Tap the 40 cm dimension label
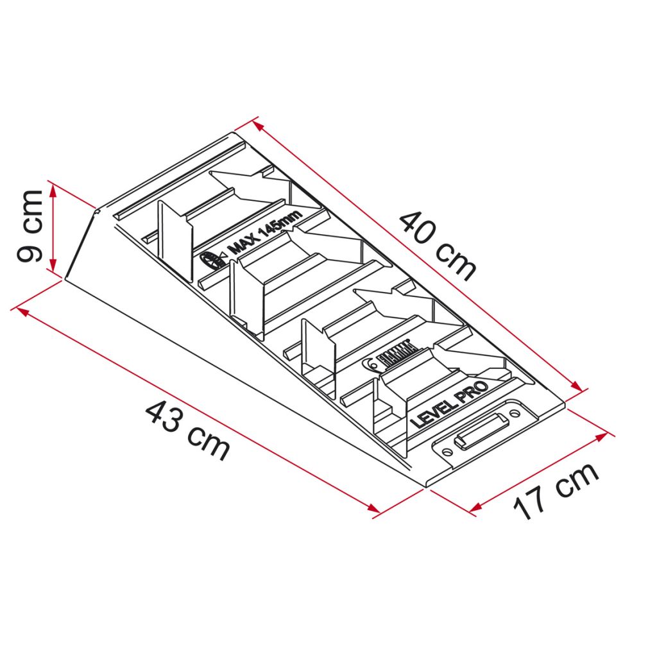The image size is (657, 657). click(438, 246)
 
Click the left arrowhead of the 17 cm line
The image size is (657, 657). click(474, 509)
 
